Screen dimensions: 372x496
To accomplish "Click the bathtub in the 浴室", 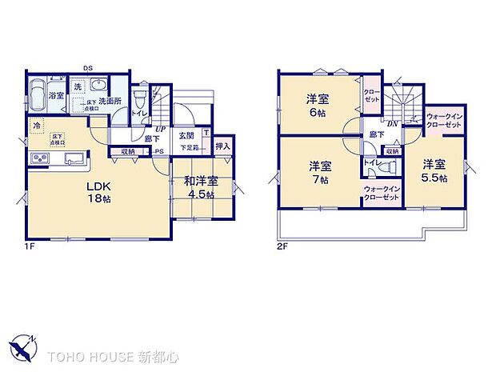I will pyautogui.click(x=38, y=94).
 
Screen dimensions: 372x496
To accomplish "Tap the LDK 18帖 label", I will pyautogui.click(x=98, y=192).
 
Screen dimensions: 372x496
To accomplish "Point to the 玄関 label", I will pyautogui.click(x=187, y=135).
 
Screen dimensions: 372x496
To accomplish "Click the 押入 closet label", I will pyautogui.click(x=222, y=146).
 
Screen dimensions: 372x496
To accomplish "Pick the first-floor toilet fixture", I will pyautogui.click(x=139, y=100).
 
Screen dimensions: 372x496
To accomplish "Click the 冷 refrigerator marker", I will pyautogui.click(x=36, y=126).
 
